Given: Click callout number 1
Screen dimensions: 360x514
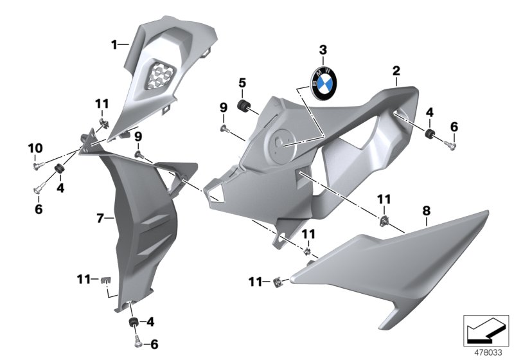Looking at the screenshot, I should coord(114,44).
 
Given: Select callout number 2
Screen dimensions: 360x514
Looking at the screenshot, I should coord(396,70).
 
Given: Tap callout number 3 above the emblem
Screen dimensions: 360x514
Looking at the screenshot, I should coord(323,50).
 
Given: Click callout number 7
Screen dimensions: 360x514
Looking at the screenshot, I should coord(100,219).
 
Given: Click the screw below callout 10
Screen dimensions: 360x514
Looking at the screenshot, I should coord(37,167).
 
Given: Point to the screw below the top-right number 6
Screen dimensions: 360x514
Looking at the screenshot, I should coord(451,147).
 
